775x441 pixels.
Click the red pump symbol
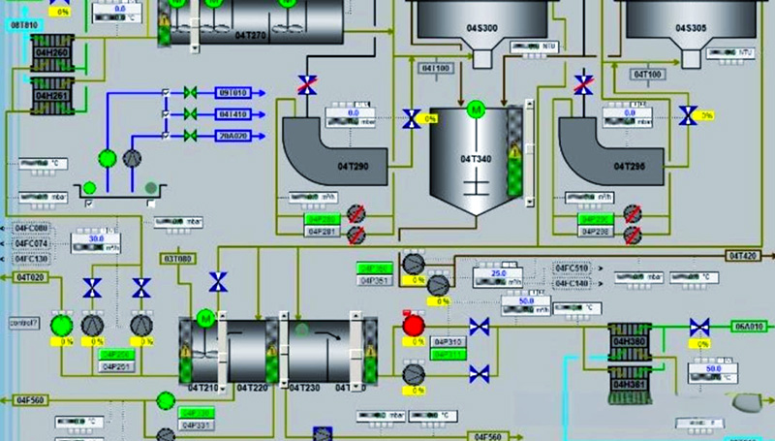414,325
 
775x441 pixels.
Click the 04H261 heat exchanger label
52,96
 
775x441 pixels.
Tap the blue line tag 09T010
232,93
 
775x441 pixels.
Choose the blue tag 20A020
232,136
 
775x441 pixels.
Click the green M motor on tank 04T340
475,109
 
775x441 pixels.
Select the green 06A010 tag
750,326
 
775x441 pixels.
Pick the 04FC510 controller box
572,268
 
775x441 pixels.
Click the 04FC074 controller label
32,243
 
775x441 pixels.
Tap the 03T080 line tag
178,259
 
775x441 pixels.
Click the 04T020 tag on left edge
30,277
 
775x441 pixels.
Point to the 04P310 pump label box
448,342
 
